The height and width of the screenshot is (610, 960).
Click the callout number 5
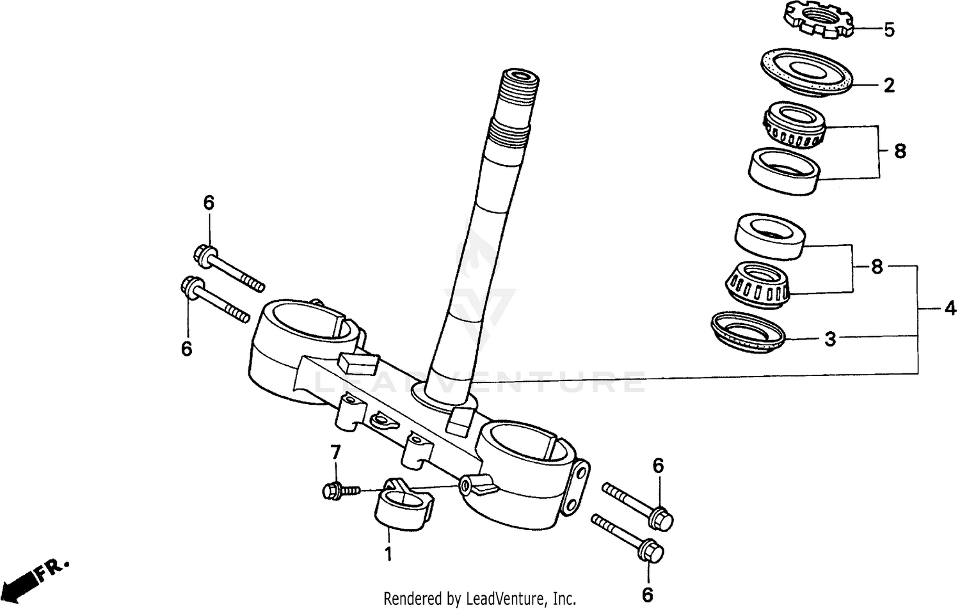[889, 30]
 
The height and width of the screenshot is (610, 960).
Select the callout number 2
[889, 86]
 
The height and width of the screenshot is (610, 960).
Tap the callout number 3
[830, 339]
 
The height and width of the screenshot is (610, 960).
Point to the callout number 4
[950, 309]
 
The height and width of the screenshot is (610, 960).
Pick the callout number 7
[335, 453]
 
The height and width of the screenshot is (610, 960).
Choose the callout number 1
[388, 553]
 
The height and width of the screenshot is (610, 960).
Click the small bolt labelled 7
[335, 491]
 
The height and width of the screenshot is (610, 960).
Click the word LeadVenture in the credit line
[506, 599]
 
